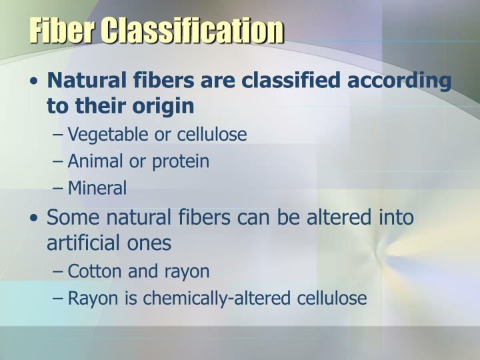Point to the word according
point(402,82)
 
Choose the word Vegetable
point(109,135)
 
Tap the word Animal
point(95,161)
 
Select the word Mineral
point(97,189)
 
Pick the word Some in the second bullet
point(71,217)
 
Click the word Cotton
point(93,271)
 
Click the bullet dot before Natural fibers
point(33,82)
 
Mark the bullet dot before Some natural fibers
point(33,219)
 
